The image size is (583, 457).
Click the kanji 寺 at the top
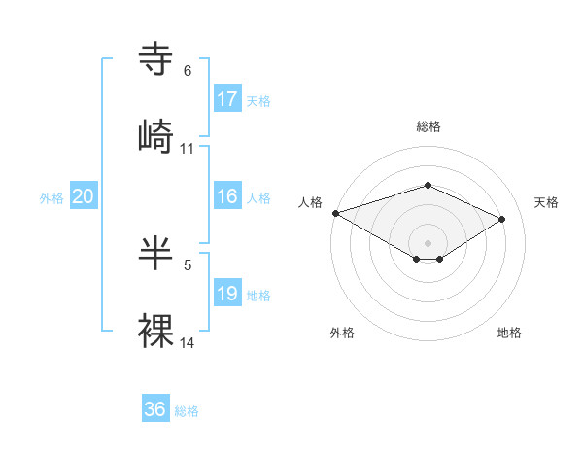pos(156,59)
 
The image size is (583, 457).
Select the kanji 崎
pos(156,135)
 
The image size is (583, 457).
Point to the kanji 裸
pos(156,330)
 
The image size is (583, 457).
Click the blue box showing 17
pos(227,99)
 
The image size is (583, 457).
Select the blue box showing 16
pos(227,196)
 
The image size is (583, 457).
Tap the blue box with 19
pos(227,294)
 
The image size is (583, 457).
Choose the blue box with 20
pos(84,196)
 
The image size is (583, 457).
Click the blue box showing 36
pos(155,409)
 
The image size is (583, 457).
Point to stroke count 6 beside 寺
pos(188,71)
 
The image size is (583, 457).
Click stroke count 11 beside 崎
pos(188,149)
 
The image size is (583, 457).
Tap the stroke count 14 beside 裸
pos(188,342)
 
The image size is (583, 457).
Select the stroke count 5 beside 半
pos(188,264)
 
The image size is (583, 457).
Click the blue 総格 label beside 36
pos(187,411)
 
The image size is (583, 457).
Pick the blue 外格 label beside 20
pos(51,198)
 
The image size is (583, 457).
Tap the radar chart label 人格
pos(310,202)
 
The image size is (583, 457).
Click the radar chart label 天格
pos(546,202)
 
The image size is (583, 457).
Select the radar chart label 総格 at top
pos(428,126)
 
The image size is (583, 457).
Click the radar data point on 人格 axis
pos(335,213)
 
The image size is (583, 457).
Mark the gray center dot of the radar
pos(428,242)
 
